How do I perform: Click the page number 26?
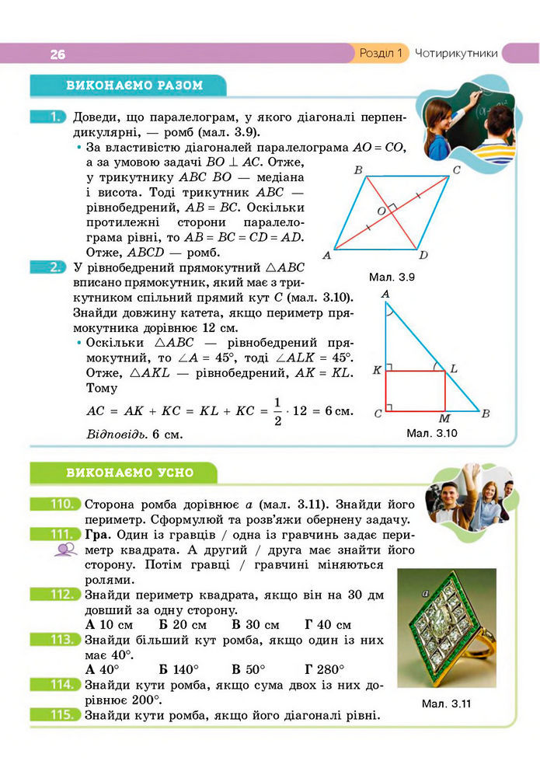point(57,54)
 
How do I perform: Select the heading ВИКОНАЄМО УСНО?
point(130,472)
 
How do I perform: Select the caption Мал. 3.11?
point(447,704)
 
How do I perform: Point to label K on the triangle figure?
point(377,370)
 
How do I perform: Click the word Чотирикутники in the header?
point(456,54)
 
